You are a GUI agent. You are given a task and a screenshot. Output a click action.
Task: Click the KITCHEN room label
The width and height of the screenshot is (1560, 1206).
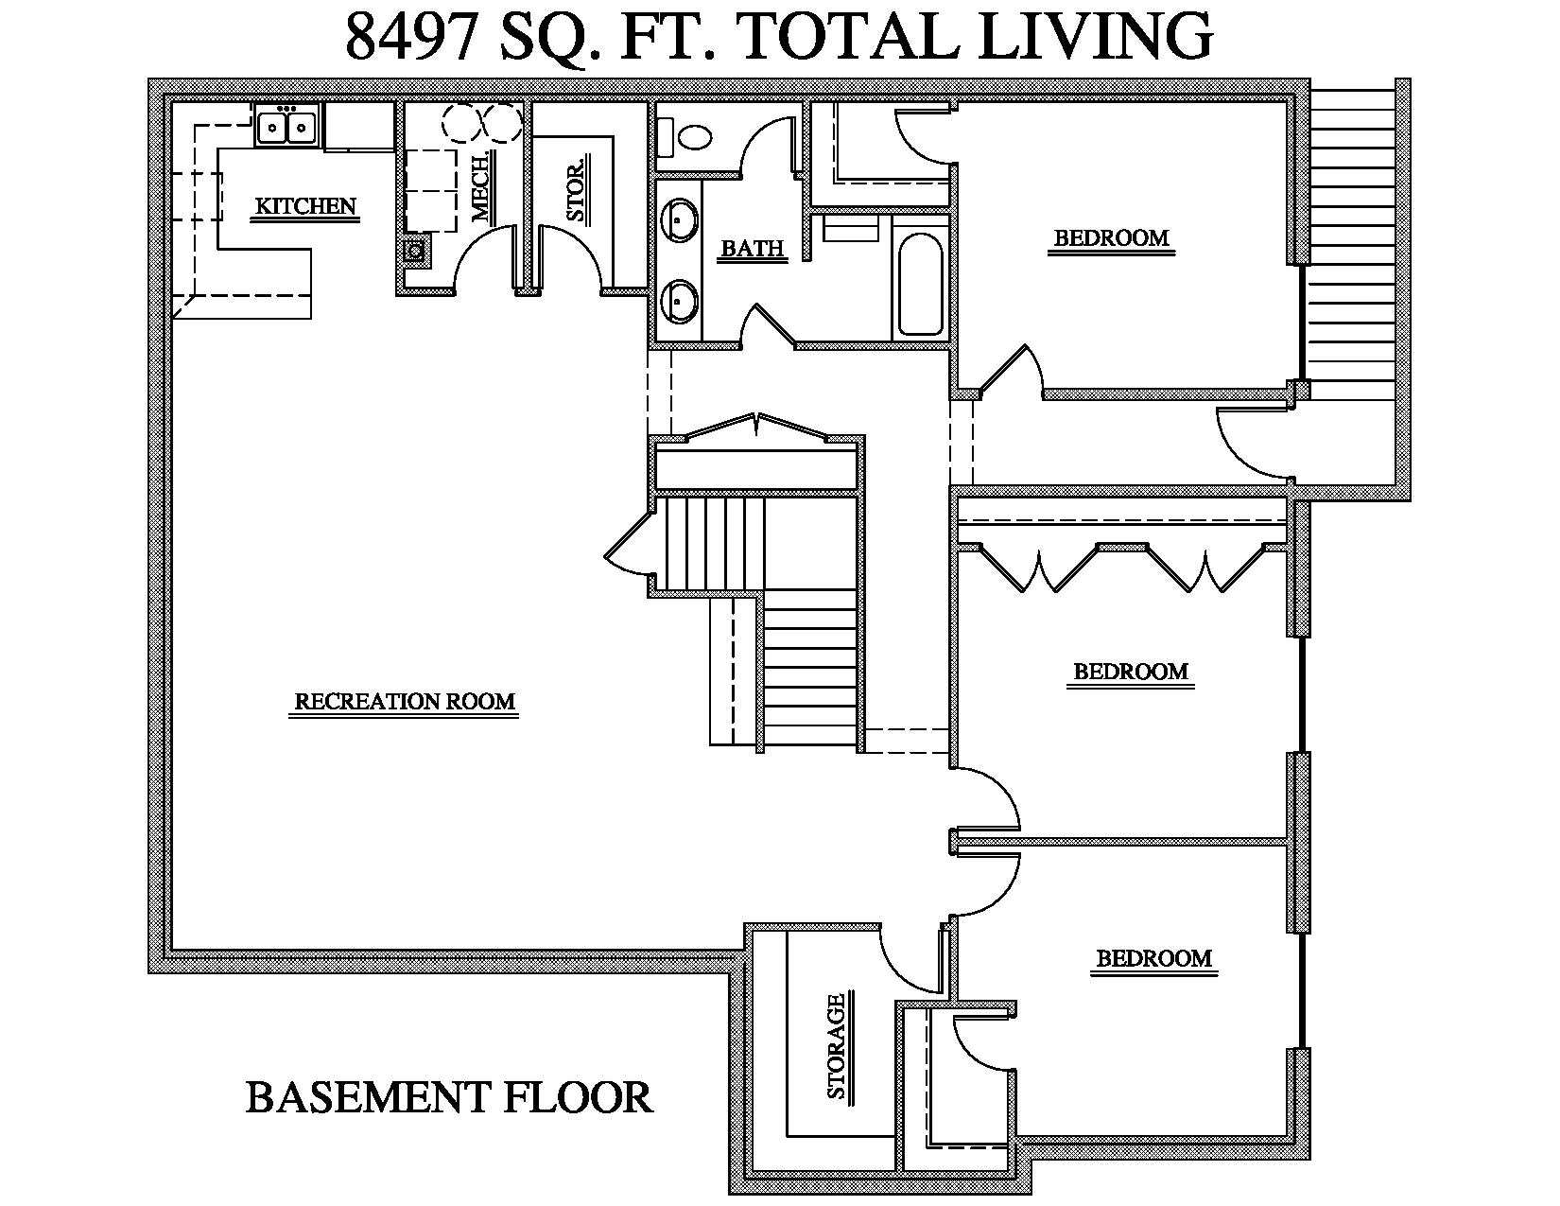[305, 206]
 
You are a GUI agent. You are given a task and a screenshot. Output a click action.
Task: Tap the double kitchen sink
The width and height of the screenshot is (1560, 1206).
[286, 126]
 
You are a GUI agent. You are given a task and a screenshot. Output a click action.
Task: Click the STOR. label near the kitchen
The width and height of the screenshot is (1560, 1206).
[576, 191]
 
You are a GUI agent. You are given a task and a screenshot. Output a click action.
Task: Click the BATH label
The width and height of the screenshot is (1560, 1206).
[753, 249]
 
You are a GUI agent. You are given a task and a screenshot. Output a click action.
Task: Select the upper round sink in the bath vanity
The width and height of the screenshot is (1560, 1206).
[680, 218]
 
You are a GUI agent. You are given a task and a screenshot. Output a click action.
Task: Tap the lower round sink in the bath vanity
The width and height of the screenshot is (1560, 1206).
[680, 300]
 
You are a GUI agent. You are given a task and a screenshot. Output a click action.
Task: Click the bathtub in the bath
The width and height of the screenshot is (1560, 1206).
[920, 284]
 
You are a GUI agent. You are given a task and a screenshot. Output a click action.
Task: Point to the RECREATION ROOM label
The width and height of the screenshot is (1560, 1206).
[405, 702]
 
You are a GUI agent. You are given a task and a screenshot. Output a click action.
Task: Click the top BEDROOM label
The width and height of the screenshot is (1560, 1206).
[1112, 238]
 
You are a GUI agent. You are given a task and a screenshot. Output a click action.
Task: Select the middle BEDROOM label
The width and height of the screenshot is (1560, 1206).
[1131, 672]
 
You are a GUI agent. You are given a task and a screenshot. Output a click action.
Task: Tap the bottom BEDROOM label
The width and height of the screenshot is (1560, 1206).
[1153, 958]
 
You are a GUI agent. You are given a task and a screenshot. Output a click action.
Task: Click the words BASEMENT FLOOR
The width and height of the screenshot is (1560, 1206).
[449, 1098]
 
